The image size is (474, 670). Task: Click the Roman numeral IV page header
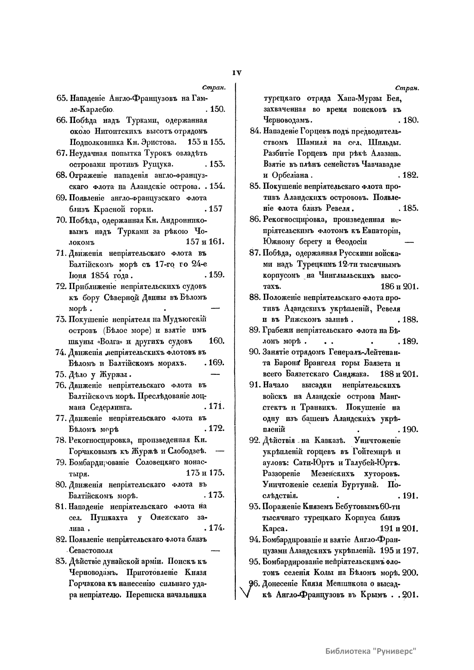(237, 73)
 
